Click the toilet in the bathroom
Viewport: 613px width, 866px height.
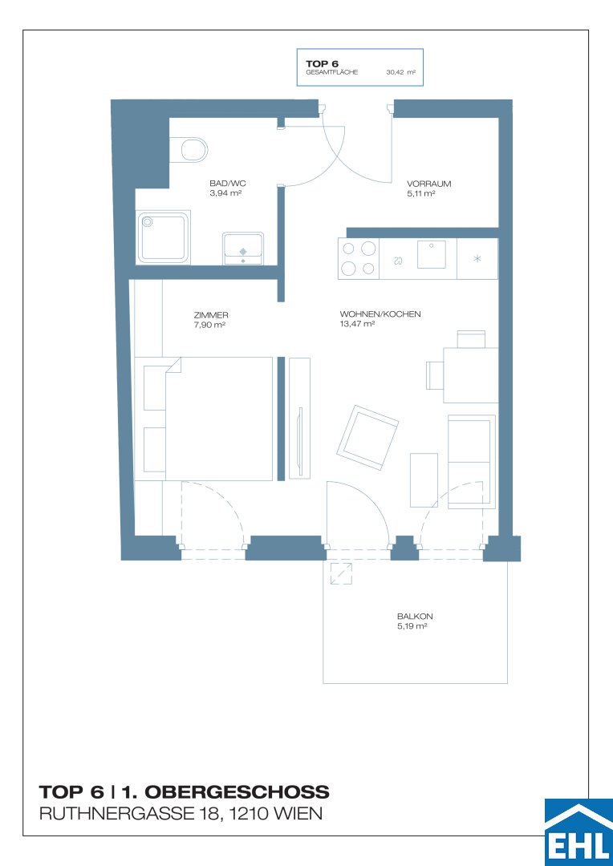(x=191, y=150)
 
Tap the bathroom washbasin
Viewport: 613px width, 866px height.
(x=243, y=249)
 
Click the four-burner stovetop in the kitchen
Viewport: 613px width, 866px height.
(x=358, y=258)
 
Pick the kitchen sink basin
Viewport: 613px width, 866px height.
(x=432, y=255)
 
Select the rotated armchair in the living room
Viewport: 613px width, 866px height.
(x=368, y=438)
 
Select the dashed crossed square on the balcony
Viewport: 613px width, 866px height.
(x=341, y=573)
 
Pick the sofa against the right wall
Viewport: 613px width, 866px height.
(x=471, y=461)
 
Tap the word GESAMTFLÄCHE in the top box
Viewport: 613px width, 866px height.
(x=331, y=72)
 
